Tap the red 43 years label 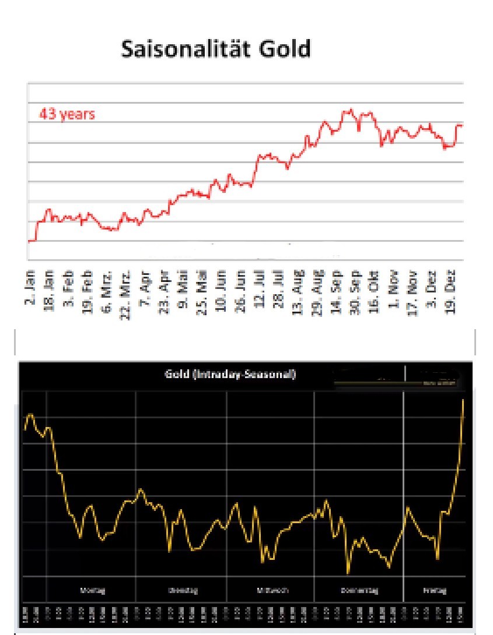point(67,114)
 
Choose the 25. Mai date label point(202,291)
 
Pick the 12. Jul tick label point(260,291)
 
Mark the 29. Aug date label point(317,291)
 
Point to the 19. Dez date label point(450,291)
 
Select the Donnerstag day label point(359,590)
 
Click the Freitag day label point(434,590)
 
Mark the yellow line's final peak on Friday point(463,400)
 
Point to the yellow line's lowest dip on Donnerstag point(348,573)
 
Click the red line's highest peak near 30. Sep point(351,109)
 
